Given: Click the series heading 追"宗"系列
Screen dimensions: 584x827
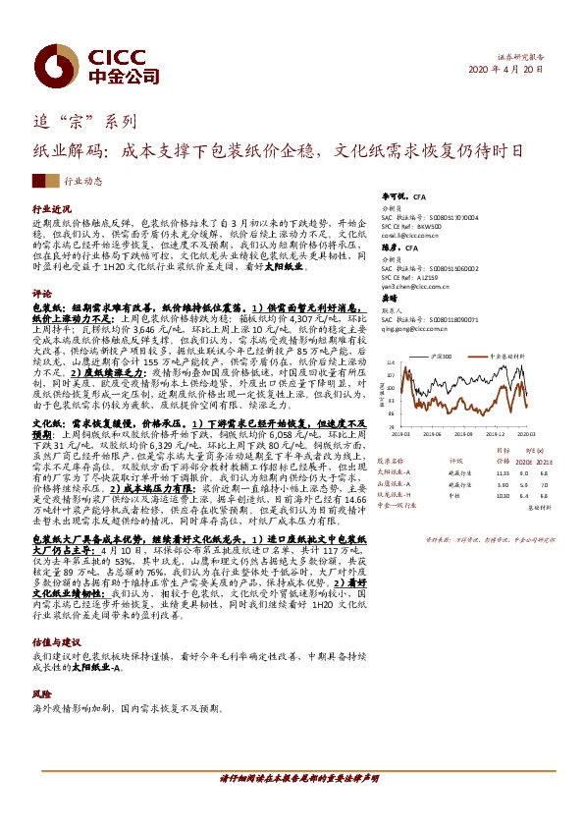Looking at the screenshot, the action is (x=85, y=124).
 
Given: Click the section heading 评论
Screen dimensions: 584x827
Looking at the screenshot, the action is (x=41, y=293).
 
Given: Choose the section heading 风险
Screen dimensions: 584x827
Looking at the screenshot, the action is (x=41, y=666).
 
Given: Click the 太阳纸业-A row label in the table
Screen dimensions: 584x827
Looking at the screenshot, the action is (x=396, y=469).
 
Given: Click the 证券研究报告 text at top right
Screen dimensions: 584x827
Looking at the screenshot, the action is (x=520, y=58).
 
